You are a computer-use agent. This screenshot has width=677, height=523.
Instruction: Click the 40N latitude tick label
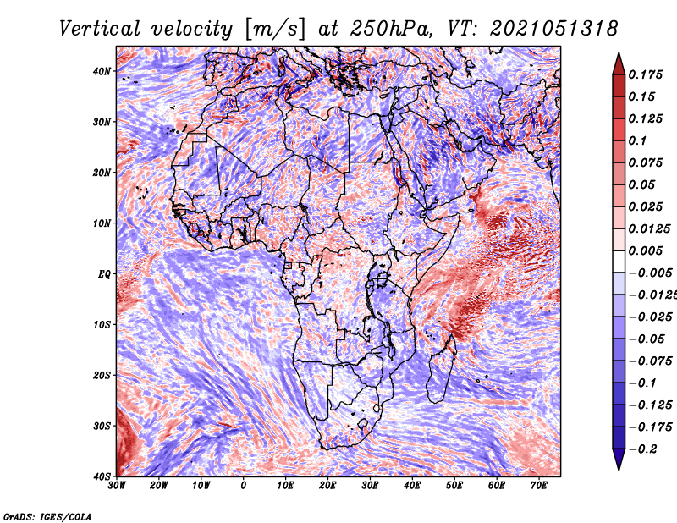click(x=101, y=71)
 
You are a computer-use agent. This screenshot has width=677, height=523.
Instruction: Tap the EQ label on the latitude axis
click(x=104, y=274)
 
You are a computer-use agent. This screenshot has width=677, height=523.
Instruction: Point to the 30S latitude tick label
click(x=102, y=426)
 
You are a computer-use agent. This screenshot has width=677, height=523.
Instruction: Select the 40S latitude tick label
click(x=102, y=476)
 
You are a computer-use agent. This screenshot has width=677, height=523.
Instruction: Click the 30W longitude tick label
click(x=117, y=486)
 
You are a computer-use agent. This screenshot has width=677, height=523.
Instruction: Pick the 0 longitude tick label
click(x=244, y=486)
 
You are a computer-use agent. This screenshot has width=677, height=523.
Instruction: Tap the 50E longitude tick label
click(x=454, y=486)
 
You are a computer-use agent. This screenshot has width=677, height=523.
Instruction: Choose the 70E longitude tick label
click(x=539, y=486)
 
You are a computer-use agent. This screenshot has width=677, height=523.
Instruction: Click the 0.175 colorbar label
click(x=646, y=74)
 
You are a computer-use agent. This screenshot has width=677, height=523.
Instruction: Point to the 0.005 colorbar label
click(x=646, y=250)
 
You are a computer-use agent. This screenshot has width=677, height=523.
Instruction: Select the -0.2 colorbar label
click(x=643, y=449)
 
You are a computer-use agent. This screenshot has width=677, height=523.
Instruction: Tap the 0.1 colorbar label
click(x=637, y=140)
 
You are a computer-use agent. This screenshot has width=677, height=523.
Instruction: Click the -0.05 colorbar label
click(x=647, y=339)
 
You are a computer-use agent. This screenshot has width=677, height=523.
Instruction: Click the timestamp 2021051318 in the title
click(x=554, y=29)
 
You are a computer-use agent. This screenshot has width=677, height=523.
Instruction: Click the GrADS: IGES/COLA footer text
click(x=47, y=516)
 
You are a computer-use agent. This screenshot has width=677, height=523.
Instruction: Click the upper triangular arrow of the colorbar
click(x=619, y=63)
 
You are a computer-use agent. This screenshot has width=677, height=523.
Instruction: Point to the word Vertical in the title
click(x=99, y=29)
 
